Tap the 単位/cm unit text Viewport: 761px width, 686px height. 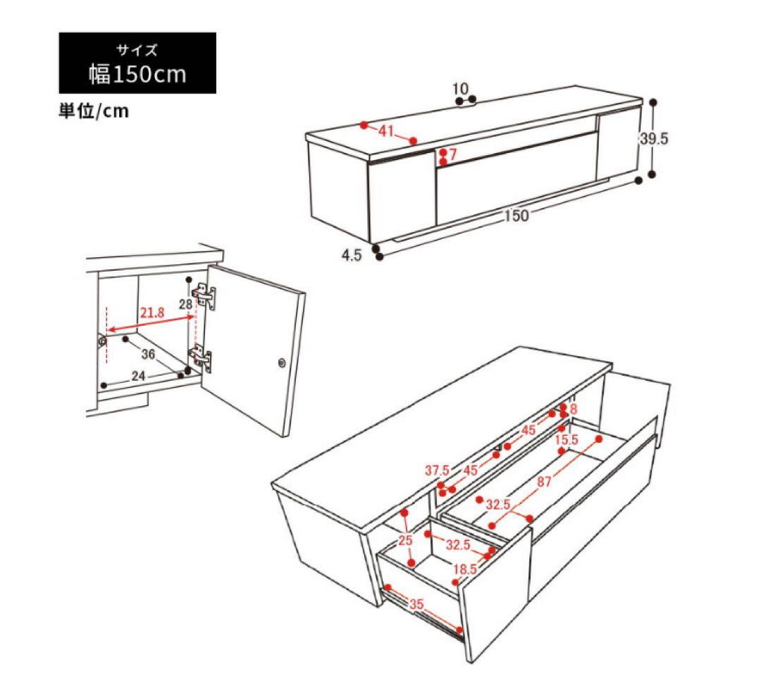(94, 111)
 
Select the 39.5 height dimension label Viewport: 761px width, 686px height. (654, 139)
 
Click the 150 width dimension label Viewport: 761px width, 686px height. (516, 215)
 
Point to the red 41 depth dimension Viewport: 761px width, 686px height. (386, 130)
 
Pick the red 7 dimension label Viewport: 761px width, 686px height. (453, 154)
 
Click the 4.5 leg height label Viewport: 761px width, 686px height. (352, 255)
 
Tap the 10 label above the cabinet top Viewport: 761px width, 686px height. (461, 89)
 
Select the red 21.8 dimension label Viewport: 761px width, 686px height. (152, 312)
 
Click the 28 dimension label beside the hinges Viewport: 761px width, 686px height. (185, 305)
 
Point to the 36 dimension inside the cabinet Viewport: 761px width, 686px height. (148, 354)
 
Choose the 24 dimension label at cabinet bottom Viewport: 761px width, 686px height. (138, 376)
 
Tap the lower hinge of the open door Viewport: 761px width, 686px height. (201, 356)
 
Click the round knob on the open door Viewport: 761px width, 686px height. (282, 362)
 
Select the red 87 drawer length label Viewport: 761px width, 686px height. (544, 481)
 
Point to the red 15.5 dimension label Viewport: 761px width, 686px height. (567, 440)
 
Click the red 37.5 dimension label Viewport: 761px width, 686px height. (438, 470)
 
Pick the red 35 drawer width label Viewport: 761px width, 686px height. (416, 604)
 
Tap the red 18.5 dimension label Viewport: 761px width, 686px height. (465, 569)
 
